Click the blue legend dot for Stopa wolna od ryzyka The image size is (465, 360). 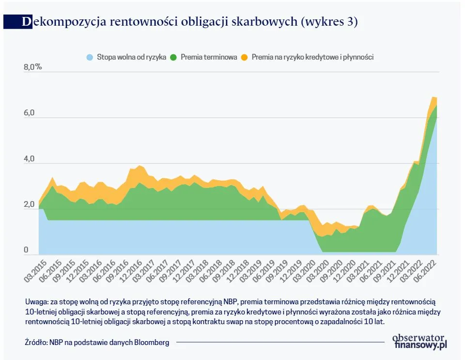(90, 57)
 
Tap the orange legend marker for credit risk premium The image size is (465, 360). (245, 57)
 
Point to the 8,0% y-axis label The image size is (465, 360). (33, 67)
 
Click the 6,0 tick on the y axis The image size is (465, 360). (30, 113)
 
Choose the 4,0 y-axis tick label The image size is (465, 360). (30, 159)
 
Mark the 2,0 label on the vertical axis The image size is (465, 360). (30, 204)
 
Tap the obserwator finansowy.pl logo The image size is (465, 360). (419, 341)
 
